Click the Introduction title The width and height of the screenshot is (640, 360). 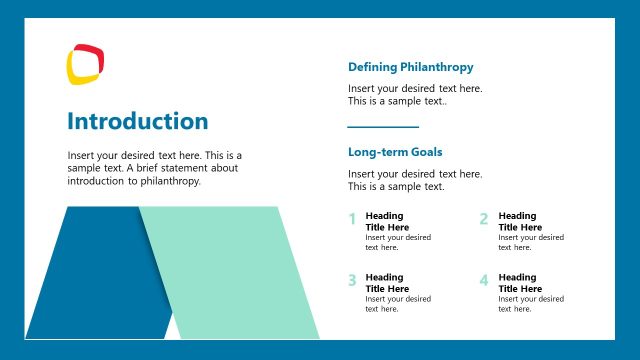point(138,122)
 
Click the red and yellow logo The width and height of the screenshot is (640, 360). point(86,64)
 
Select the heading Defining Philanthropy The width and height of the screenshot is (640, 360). point(410,67)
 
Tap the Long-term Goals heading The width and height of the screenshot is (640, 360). point(395,152)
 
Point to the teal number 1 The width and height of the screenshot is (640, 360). point(352,219)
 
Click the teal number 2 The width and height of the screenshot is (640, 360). point(484,219)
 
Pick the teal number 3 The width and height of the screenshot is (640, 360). point(352,280)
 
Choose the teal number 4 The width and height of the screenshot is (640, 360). point(484,280)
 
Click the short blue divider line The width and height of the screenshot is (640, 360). point(383,127)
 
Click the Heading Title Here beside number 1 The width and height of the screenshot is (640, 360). point(385,221)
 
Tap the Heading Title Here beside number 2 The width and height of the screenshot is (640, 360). point(518,221)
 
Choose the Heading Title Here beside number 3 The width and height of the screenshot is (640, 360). point(385,283)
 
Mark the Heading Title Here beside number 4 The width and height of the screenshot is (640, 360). point(518,283)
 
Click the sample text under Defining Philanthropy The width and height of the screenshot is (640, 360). point(415,95)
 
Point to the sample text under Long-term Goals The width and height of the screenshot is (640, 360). point(415,180)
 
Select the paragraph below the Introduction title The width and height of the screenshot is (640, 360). point(155,168)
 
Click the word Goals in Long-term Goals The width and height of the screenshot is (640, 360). point(424,152)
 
